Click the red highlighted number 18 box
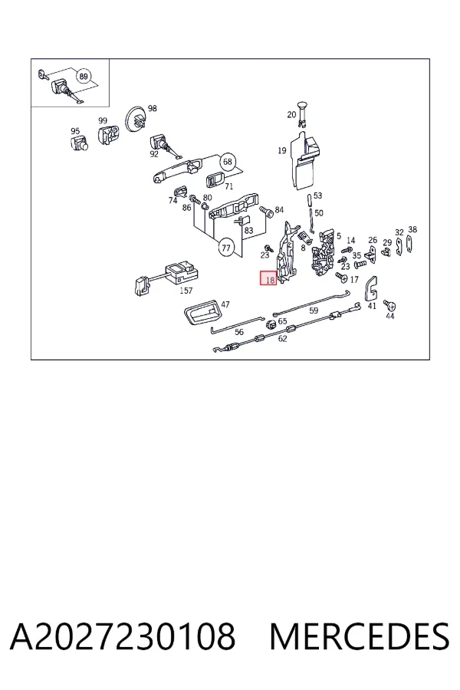tap(268, 278)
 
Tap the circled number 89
tap(84, 77)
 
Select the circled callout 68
tap(227, 162)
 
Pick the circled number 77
tap(226, 248)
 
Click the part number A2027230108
tap(123, 636)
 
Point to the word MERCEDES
tap(360, 636)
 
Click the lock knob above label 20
tap(302, 111)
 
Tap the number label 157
tap(186, 291)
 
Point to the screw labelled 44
tap(389, 304)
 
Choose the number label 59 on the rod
tap(314, 310)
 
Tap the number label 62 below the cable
tap(282, 338)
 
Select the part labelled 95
tap(79, 143)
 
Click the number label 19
tap(282, 150)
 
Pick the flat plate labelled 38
tap(409, 244)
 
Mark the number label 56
tap(239, 332)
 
